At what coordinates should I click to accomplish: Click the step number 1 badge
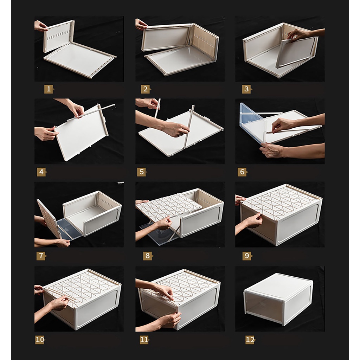tap(49, 89)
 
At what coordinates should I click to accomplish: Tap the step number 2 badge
tap(146, 89)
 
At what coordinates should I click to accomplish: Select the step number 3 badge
tap(246, 89)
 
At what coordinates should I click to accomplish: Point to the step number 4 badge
tap(41, 172)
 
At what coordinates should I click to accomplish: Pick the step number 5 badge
tap(142, 172)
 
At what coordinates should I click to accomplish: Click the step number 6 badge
tap(243, 172)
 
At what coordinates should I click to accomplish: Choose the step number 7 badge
tap(41, 256)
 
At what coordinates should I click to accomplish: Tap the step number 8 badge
tap(148, 256)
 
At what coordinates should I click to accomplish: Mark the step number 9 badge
tap(247, 256)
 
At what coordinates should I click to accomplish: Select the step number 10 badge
tap(40, 340)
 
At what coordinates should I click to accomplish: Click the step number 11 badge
tap(144, 340)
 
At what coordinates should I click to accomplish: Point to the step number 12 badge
tap(250, 340)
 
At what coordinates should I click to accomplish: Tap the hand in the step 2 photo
tap(141, 24)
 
